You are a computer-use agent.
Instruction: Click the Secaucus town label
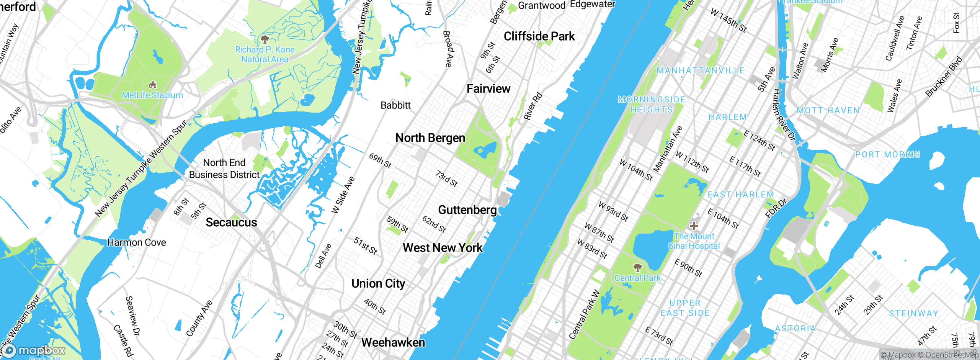[x=231, y=223]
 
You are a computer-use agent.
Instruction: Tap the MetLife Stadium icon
[x=152, y=85]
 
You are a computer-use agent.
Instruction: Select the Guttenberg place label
[x=467, y=210]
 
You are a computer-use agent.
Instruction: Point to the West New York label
[x=443, y=248]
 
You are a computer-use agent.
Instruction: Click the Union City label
[x=378, y=284]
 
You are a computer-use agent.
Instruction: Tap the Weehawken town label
[x=393, y=342]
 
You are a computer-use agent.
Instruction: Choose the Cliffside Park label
[x=539, y=36]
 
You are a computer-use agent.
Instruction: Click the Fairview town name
[x=488, y=89]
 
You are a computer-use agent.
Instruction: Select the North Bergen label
[x=430, y=138]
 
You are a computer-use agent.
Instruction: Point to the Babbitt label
[x=395, y=105]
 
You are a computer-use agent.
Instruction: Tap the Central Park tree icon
[x=637, y=267]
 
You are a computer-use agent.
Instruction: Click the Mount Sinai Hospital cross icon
[x=694, y=226]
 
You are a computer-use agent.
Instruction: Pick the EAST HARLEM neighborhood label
[x=741, y=195]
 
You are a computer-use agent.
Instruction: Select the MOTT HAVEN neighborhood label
[x=828, y=111]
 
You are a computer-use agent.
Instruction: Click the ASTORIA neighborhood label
[x=795, y=328]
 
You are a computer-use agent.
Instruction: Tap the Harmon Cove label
[x=137, y=242]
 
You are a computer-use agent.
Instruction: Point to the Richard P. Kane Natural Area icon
[x=265, y=39]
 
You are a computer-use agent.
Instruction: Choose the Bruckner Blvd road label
[x=944, y=77]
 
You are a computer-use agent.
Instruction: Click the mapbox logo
[x=34, y=350]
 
